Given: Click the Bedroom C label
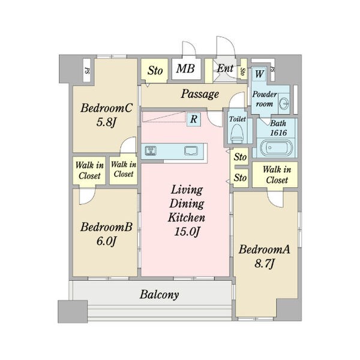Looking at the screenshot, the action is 107,108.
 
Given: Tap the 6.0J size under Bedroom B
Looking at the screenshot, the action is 107,241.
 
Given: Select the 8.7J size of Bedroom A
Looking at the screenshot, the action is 264,263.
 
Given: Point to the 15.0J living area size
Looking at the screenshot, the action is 187,232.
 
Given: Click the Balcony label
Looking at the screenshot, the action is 159,295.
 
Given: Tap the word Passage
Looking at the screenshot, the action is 200,94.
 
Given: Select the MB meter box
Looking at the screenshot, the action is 185,68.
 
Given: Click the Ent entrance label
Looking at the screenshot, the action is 225,68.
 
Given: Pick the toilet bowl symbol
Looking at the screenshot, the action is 236,134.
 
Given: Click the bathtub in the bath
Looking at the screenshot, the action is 276,148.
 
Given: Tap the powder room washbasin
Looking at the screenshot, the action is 284,103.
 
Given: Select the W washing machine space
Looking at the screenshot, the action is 259,74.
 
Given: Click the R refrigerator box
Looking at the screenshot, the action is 194,119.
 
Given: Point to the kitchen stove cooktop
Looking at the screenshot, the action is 151,151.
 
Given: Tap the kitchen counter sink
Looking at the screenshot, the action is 191,151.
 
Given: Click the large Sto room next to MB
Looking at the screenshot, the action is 155,70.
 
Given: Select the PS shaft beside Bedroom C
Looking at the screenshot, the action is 87,70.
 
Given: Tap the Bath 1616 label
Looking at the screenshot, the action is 278,128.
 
